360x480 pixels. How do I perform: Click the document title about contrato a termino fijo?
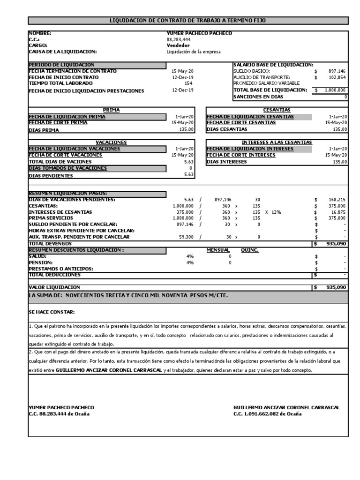tap(189, 21)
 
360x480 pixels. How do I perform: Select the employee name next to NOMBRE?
tap(199, 33)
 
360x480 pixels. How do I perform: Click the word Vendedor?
tap(178, 46)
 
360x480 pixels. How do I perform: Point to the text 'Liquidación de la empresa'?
tap(194, 52)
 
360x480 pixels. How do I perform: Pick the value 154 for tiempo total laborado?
tap(189, 82)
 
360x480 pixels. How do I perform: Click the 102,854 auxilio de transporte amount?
tap(337, 77)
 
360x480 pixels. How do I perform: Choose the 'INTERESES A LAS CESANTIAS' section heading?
tap(277, 142)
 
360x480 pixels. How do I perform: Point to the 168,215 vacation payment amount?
tap(337, 199)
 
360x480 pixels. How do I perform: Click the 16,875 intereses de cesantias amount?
tap(339, 212)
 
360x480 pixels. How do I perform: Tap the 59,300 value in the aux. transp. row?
tap(186, 237)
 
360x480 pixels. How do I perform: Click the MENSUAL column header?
tap(218, 250)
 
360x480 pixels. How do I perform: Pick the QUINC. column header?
tap(250, 250)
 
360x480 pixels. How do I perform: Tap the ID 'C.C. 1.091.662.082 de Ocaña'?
tap(267, 414)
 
